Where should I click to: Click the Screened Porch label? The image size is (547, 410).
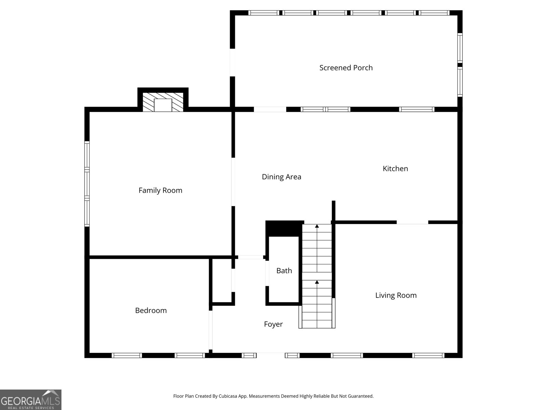346,68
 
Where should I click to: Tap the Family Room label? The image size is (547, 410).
160,190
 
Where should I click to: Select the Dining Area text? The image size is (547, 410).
281,177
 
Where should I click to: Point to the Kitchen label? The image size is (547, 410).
395,168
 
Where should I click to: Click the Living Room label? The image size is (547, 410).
396,296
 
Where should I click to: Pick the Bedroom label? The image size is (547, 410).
151,311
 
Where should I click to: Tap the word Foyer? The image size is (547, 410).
273,324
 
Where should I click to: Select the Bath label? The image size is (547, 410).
284,271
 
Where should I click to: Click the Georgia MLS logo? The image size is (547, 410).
31,399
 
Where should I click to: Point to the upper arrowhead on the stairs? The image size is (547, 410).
317,226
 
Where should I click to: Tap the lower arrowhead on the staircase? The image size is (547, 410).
317,282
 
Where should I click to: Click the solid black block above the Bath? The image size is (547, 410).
284,229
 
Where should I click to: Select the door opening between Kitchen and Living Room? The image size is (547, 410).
412,222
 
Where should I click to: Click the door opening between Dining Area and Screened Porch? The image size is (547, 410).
270,109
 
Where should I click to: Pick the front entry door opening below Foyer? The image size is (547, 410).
271,355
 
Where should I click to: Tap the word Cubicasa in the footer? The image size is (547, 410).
228,396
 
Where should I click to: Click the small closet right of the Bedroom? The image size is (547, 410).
222,281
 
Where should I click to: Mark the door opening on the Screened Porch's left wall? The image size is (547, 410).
232,63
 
